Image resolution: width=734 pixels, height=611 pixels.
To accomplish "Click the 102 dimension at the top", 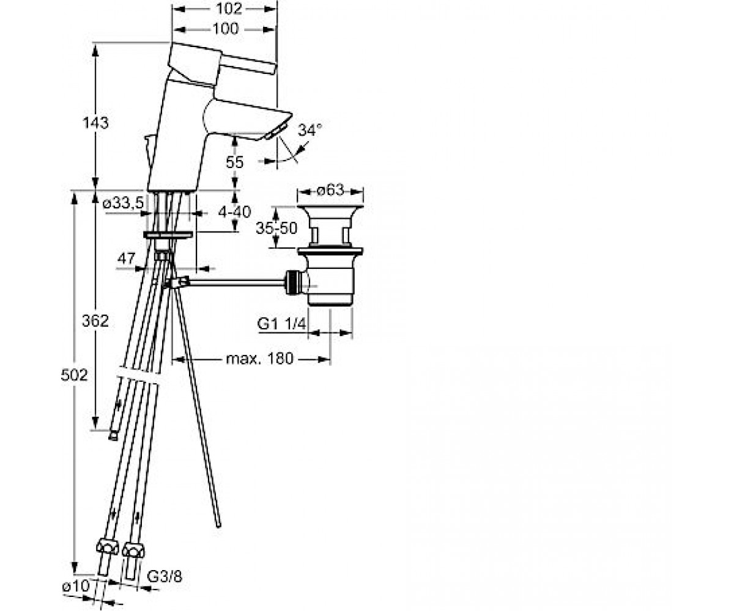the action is coord(229,9).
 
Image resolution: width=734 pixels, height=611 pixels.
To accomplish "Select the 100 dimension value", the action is coord(226,29).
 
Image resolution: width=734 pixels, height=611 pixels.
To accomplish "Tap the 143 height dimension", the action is coord(95,123).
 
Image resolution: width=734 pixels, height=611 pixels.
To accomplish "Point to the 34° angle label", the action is coord(310,130).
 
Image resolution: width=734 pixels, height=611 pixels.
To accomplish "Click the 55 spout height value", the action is coord(234,163).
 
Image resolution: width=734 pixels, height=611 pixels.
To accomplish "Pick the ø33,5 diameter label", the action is coord(123,203).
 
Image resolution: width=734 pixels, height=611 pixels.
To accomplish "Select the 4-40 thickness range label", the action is coord(234,212).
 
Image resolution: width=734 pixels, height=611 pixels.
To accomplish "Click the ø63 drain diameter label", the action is coord(330,190).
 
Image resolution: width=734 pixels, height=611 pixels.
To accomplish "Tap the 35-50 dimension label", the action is coord(276,229).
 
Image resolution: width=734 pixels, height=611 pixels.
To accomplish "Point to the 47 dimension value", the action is coord(126,258).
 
